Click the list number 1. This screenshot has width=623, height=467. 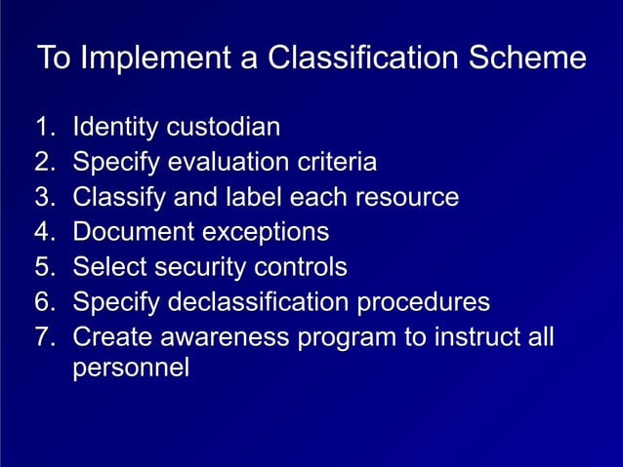pyautogui.click(x=42, y=127)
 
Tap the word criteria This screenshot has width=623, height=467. pyautogui.click(x=338, y=162)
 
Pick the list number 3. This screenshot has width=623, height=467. pyautogui.click(x=42, y=197)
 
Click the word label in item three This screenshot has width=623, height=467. pyautogui.click(x=255, y=197)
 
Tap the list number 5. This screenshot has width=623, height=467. pyautogui.click(x=42, y=267)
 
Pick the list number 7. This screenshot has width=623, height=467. pyautogui.click(x=42, y=337)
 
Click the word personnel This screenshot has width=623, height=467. pyautogui.click(x=131, y=370)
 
